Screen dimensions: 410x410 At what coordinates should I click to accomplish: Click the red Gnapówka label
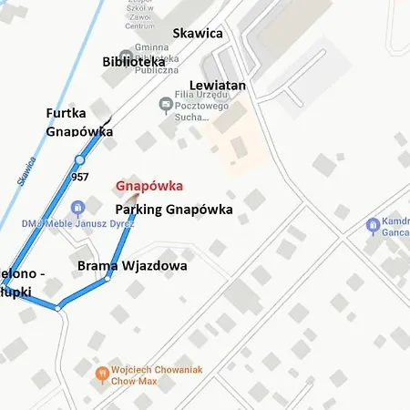[149, 187]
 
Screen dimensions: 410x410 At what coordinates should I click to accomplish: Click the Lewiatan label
[218, 85]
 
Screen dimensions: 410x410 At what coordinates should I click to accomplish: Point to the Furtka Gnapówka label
[79, 122]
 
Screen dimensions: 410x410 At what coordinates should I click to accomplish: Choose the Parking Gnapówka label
[173, 210]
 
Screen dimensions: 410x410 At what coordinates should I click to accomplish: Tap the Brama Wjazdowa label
[132, 266]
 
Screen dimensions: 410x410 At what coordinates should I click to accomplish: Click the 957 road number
[79, 177]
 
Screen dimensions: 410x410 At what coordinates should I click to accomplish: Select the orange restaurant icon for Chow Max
[103, 373]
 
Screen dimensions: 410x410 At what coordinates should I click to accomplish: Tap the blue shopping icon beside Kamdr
[372, 225]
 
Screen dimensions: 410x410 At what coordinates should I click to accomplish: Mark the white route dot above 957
[79, 160]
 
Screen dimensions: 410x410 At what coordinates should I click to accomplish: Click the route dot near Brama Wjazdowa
[108, 278]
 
